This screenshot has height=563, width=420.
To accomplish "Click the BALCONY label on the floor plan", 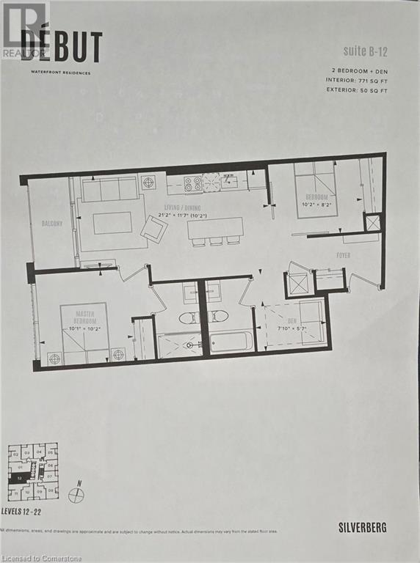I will [52, 224].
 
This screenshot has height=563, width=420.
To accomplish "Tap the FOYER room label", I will [343, 255].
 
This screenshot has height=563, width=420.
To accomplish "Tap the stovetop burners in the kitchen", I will [192, 184].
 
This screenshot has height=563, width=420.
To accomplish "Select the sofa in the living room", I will [109, 190].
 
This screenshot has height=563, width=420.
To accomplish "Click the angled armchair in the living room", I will [154, 229].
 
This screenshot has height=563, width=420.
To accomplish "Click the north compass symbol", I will [76, 495].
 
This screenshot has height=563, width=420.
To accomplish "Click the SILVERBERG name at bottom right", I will [362, 526].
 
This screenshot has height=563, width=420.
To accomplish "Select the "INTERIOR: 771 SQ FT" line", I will [358, 79].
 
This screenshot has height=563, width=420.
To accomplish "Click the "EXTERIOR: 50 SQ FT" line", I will [358, 89].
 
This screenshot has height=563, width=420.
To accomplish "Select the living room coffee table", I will [112, 222].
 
